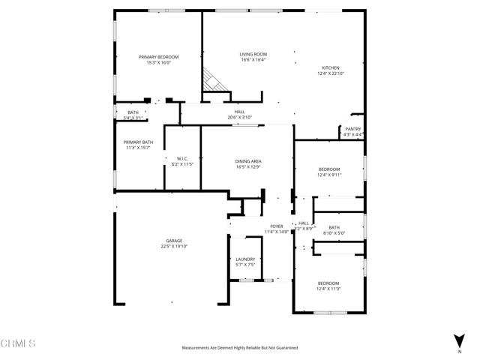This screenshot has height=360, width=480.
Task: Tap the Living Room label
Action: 253,54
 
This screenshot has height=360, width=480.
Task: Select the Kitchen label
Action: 330,67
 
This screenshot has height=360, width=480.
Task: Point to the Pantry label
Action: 352,129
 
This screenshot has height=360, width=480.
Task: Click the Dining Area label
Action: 248,161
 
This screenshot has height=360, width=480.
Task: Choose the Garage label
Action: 174,241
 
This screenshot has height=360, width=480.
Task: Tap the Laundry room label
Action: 245,259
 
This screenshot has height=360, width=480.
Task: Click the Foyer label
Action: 277,226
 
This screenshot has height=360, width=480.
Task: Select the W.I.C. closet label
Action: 182,157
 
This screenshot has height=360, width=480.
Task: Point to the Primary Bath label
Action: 138,142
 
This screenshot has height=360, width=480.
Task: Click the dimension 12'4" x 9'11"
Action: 328,175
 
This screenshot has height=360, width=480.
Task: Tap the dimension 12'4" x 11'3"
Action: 328,289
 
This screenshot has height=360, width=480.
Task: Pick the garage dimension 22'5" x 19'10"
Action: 174,246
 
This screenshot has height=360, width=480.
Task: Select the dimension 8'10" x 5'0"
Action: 334,233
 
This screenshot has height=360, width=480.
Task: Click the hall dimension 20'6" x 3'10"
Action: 239,117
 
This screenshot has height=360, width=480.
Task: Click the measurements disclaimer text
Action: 240,348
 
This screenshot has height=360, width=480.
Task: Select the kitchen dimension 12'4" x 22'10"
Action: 330,73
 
